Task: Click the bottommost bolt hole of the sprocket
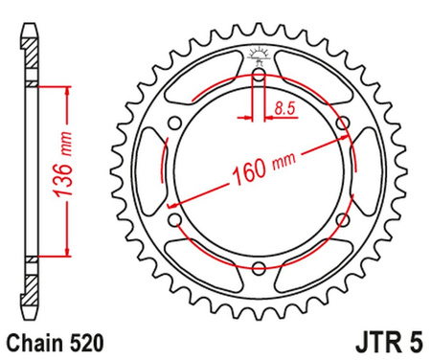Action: point(259,270)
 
